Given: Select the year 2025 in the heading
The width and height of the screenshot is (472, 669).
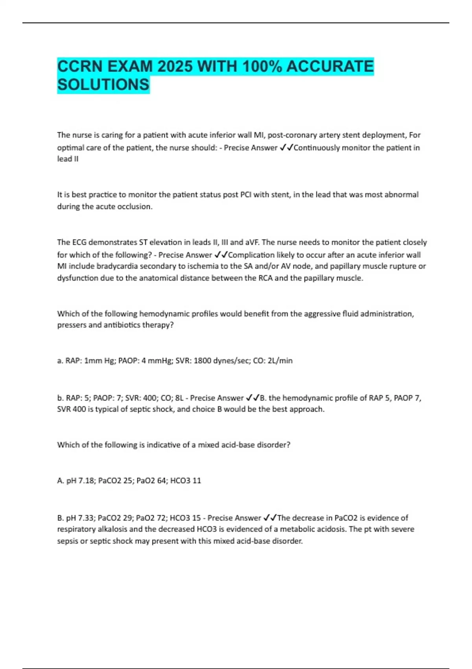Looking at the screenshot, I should click(175, 66).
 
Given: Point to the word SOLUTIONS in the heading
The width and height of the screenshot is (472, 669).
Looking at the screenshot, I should click(103, 84).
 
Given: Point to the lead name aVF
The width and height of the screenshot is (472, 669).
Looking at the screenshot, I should click(252, 242).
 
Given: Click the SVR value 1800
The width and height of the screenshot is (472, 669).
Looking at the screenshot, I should click(202, 360).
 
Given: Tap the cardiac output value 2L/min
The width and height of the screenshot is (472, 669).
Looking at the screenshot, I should click(280, 360).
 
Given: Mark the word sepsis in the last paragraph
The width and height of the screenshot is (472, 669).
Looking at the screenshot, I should click(67, 541).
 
